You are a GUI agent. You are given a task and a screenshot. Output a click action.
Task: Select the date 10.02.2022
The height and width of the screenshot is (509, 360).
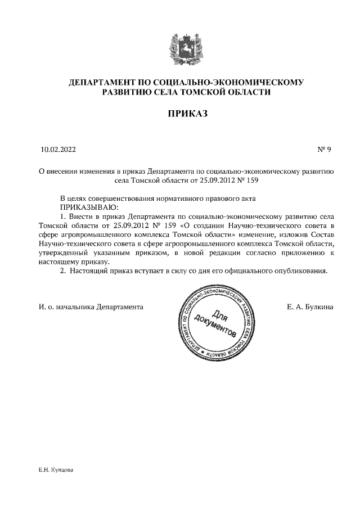coord(58,150)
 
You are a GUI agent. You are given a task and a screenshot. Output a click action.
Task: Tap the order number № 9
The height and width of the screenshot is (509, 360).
coord(325,150)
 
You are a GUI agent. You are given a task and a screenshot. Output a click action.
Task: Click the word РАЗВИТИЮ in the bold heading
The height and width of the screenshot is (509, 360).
coord(125,93)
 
